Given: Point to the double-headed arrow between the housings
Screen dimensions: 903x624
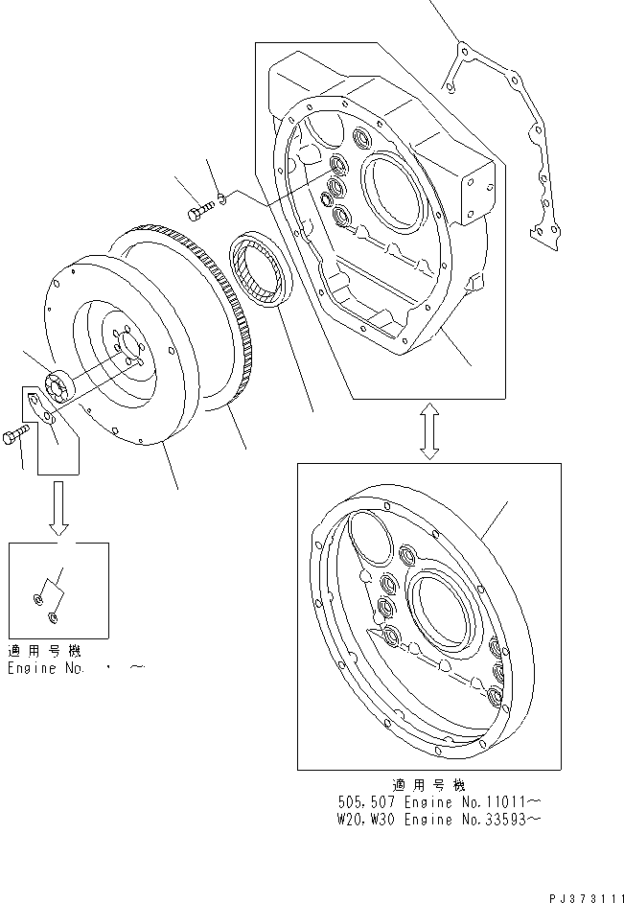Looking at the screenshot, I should pyautogui.click(x=428, y=431).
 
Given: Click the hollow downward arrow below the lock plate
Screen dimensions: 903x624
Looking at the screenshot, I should pyautogui.click(x=59, y=509).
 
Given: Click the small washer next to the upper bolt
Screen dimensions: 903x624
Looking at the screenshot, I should pyautogui.click(x=220, y=198).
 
